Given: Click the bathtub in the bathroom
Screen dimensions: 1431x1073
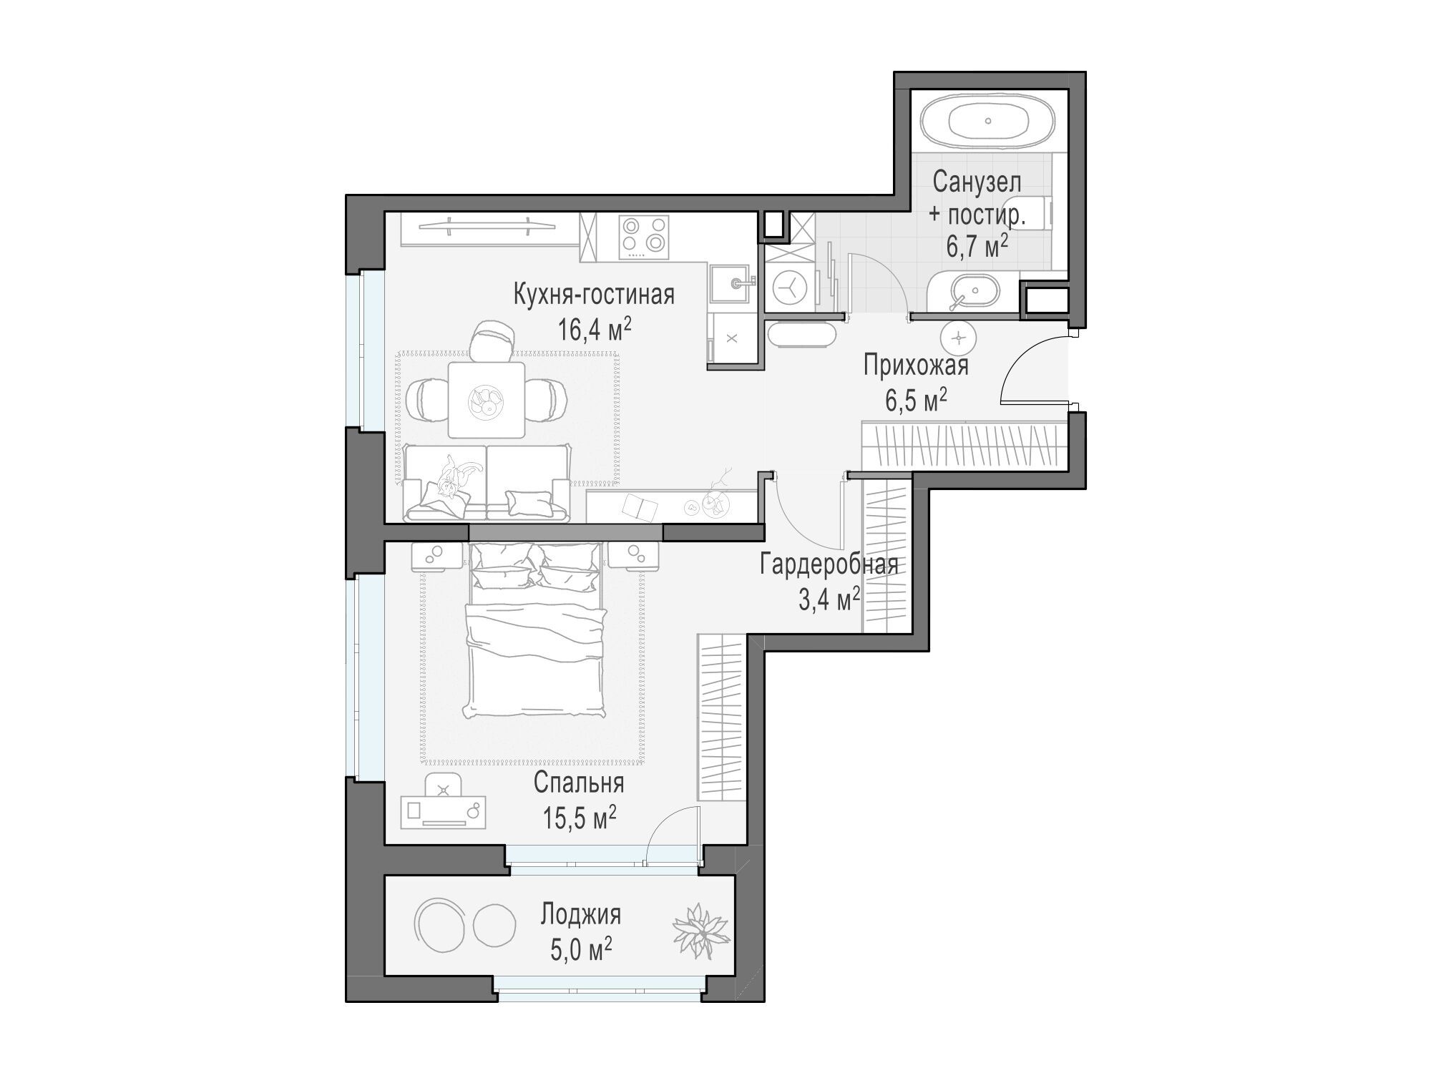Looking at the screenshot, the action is point(987,121).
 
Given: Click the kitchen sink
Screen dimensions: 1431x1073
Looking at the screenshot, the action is point(734,283).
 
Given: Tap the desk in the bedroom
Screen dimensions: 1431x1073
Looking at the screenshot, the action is point(444,811).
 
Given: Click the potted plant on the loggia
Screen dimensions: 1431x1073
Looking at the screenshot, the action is point(701,933).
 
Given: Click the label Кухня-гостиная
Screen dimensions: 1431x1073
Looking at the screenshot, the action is point(594,294).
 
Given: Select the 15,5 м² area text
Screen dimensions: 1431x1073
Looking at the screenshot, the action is point(579,818).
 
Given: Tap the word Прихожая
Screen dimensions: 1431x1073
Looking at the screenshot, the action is point(916,366).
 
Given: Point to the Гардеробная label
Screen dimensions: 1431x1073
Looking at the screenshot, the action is point(829,564).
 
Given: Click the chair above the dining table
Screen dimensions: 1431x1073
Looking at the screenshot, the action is point(491,339).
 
